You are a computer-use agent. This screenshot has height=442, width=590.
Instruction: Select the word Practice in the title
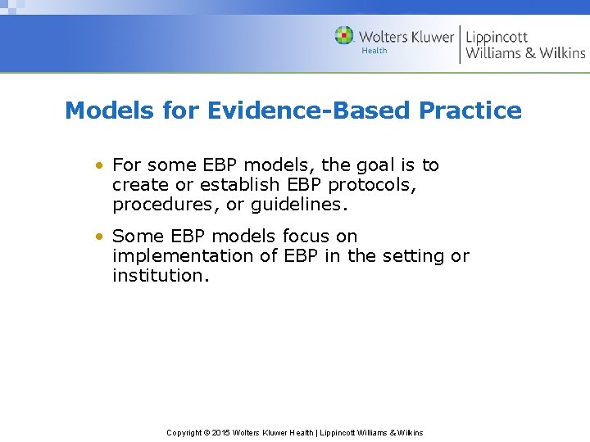pos(470,110)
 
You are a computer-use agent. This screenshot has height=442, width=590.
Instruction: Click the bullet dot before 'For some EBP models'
pos(98,165)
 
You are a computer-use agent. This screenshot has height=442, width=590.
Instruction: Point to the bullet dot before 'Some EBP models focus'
pos(98,237)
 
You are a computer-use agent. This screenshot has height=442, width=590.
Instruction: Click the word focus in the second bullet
pos(305,237)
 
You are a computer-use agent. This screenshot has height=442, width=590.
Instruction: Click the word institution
pos(161,276)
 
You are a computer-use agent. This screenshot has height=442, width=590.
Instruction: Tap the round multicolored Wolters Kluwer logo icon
pos(344,36)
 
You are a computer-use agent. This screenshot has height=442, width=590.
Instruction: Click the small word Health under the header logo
pos(374,51)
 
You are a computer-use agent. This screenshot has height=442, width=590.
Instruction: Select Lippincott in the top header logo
pos(497,37)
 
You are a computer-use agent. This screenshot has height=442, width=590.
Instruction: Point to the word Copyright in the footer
pos(184,432)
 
